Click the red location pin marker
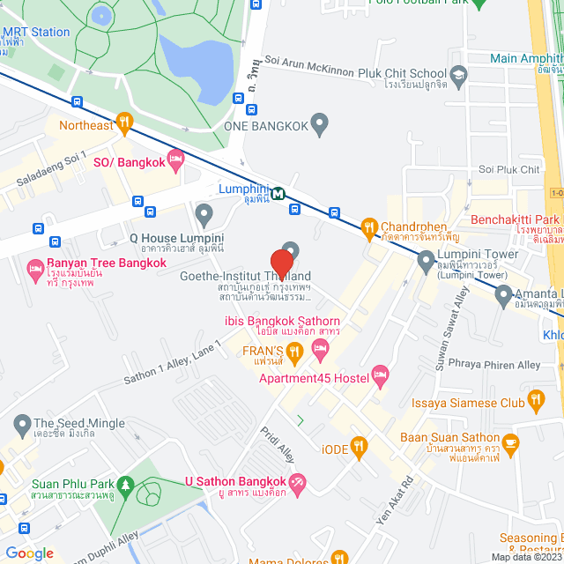tap(281, 264)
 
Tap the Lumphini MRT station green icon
tap(278, 194)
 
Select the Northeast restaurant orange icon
tap(124, 124)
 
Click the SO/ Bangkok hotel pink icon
tap(175, 162)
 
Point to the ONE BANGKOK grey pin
tap(320, 125)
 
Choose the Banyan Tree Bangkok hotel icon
tap(36, 268)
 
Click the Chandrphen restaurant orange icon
tap(369, 228)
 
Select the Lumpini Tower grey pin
tap(426, 261)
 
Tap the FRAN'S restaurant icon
tap(295, 352)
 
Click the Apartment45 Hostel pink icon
tap(381, 377)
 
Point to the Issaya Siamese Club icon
tap(536, 404)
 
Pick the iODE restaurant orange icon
tap(357, 447)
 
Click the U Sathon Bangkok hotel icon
tap(298, 482)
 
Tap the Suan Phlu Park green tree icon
tap(126, 484)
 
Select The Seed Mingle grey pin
tap(20, 424)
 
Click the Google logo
tap(29, 553)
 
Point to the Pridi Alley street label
tap(276, 446)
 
